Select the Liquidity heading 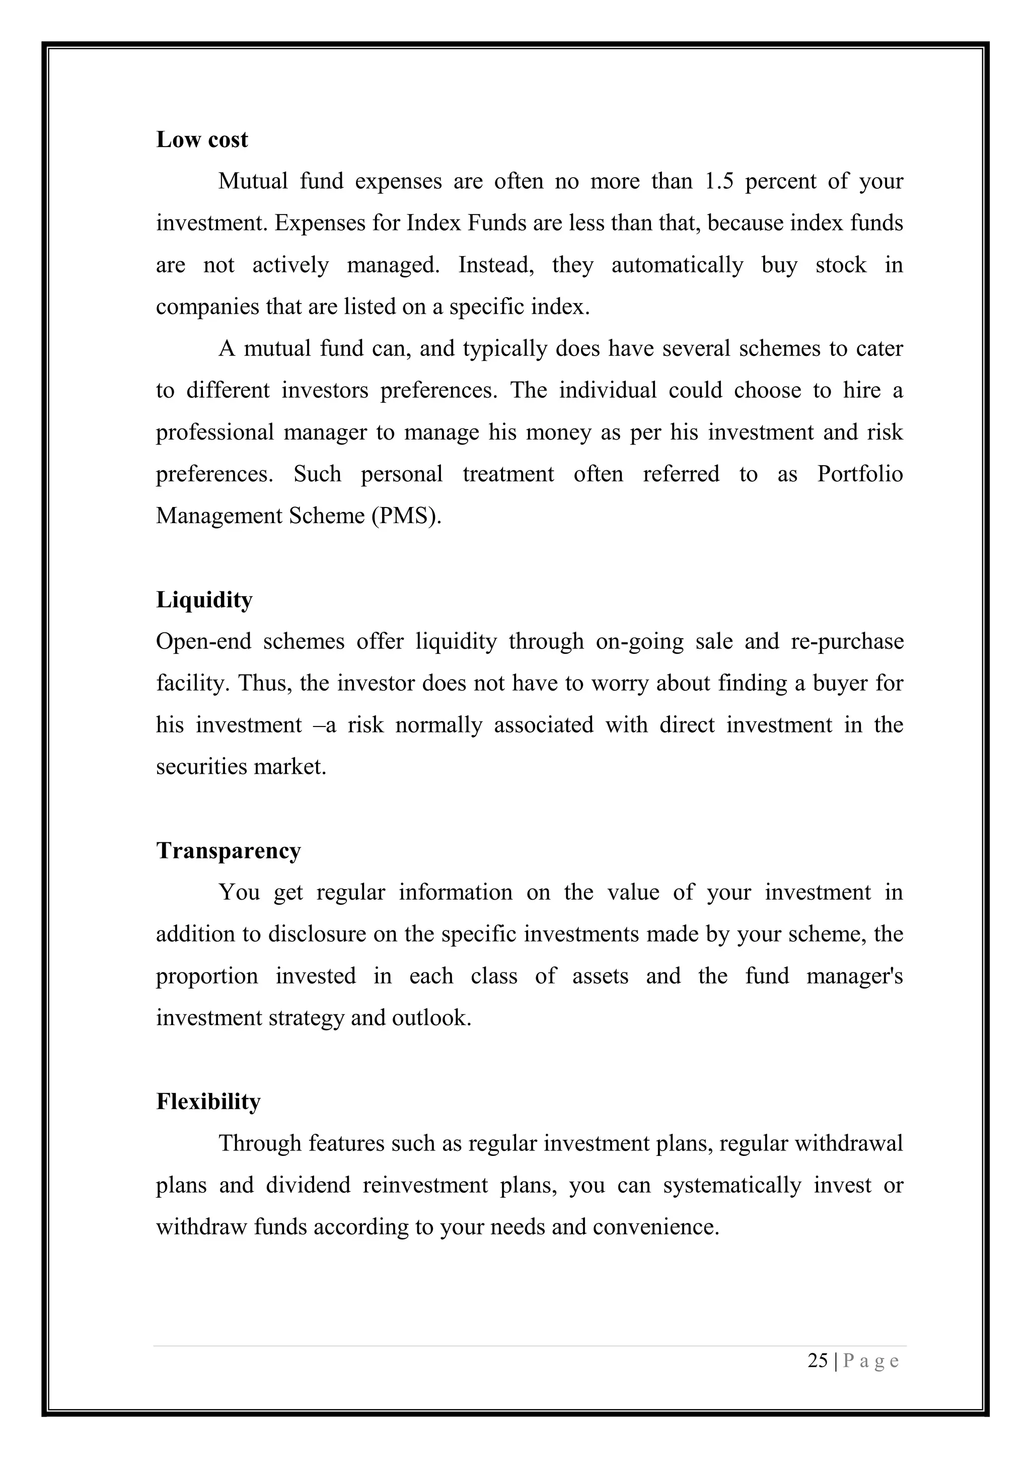coord(204,600)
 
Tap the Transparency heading coord(229,851)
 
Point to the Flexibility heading coord(208,1102)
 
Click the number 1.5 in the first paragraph coord(719,182)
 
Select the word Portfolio coord(860,474)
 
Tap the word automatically coord(677,265)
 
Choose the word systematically coord(732,1186)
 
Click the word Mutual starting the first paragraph coord(253,182)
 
